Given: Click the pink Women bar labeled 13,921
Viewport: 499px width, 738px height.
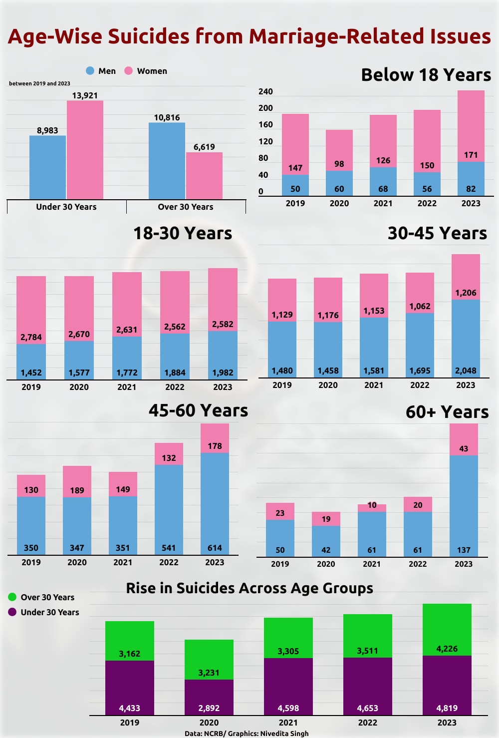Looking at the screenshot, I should click(x=85, y=150).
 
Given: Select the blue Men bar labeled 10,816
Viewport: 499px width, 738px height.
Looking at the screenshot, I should click(x=167, y=161).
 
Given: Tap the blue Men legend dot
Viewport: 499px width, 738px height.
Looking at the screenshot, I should click(x=90, y=71).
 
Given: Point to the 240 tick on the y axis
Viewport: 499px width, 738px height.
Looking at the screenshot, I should click(x=265, y=91).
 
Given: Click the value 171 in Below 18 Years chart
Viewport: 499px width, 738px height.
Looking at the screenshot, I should click(x=471, y=155).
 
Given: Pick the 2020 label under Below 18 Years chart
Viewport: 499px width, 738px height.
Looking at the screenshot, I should click(x=339, y=203).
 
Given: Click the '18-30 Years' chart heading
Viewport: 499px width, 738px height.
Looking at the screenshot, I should click(x=183, y=233).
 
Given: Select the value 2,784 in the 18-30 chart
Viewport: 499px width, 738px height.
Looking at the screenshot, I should click(x=31, y=337).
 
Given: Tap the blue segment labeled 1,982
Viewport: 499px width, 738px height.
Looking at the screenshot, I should click(x=223, y=356).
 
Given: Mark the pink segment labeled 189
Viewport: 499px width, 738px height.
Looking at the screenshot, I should click(x=77, y=482).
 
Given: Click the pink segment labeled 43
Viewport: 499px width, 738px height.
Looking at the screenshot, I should click(x=464, y=439).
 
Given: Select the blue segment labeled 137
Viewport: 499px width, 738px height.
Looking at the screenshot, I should click(x=464, y=505).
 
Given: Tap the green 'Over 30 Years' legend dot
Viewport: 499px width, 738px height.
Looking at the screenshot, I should click(x=12, y=597).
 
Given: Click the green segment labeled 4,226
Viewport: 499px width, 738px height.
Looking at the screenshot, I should click(x=447, y=629).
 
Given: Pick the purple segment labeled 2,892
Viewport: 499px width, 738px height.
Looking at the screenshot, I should click(x=209, y=697).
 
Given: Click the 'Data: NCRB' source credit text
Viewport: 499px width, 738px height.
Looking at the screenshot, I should click(x=247, y=734).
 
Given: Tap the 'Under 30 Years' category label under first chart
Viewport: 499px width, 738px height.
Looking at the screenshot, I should click(x=66, y=207).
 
